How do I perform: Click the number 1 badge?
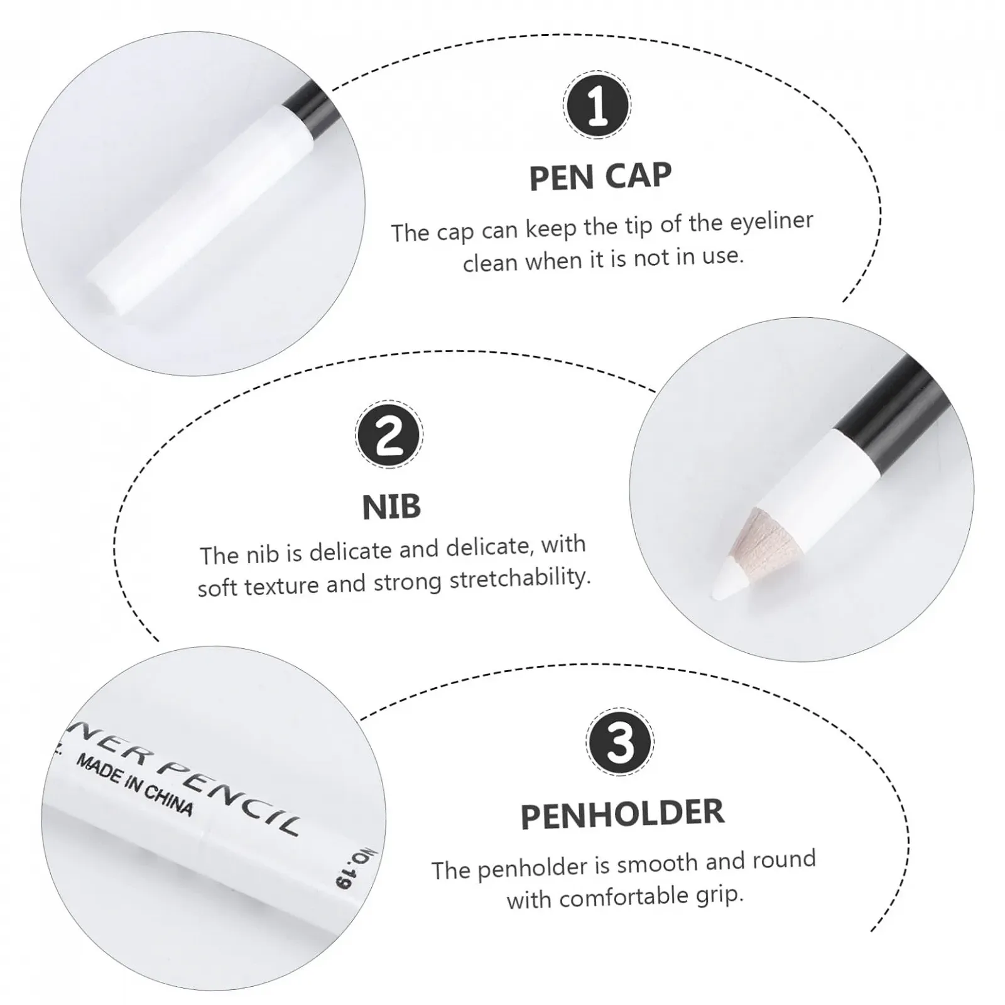point(597,105)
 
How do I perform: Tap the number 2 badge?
point(389,433)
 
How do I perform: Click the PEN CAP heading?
point(600,177)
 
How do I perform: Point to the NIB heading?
point(391,507)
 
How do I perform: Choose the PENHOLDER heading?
point(622,814)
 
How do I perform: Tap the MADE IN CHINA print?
point(134,785)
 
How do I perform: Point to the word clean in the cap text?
point(491,262)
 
